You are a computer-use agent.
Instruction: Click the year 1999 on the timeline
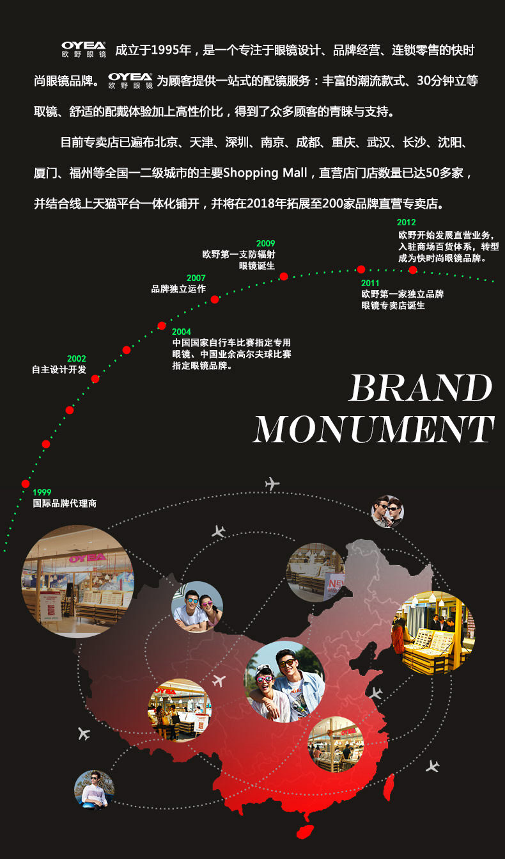[x=42, y=492]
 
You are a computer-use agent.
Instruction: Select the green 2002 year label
[x=76, y=358]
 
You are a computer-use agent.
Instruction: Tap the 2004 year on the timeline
[x=182, y=332]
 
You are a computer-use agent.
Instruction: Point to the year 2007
[x=196, y=278]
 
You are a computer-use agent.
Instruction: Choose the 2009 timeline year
[x=265, y=243]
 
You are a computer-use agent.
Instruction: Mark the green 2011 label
[x=370, y=283]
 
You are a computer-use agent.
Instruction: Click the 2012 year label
[x=406, y=223]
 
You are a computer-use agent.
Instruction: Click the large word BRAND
[x=421, y=388]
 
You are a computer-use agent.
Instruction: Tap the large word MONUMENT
[x=373, y=429]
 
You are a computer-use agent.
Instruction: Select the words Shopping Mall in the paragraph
[x=266, y=173]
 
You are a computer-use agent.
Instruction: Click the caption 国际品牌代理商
[x=65, y=504]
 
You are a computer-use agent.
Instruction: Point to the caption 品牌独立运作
[x=178, y=289]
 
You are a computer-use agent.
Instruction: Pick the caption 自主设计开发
[x=59, y=369]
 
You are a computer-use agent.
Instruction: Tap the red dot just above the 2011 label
[x=361, y=269]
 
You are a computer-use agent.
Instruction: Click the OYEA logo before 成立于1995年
[x=84, y=49]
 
